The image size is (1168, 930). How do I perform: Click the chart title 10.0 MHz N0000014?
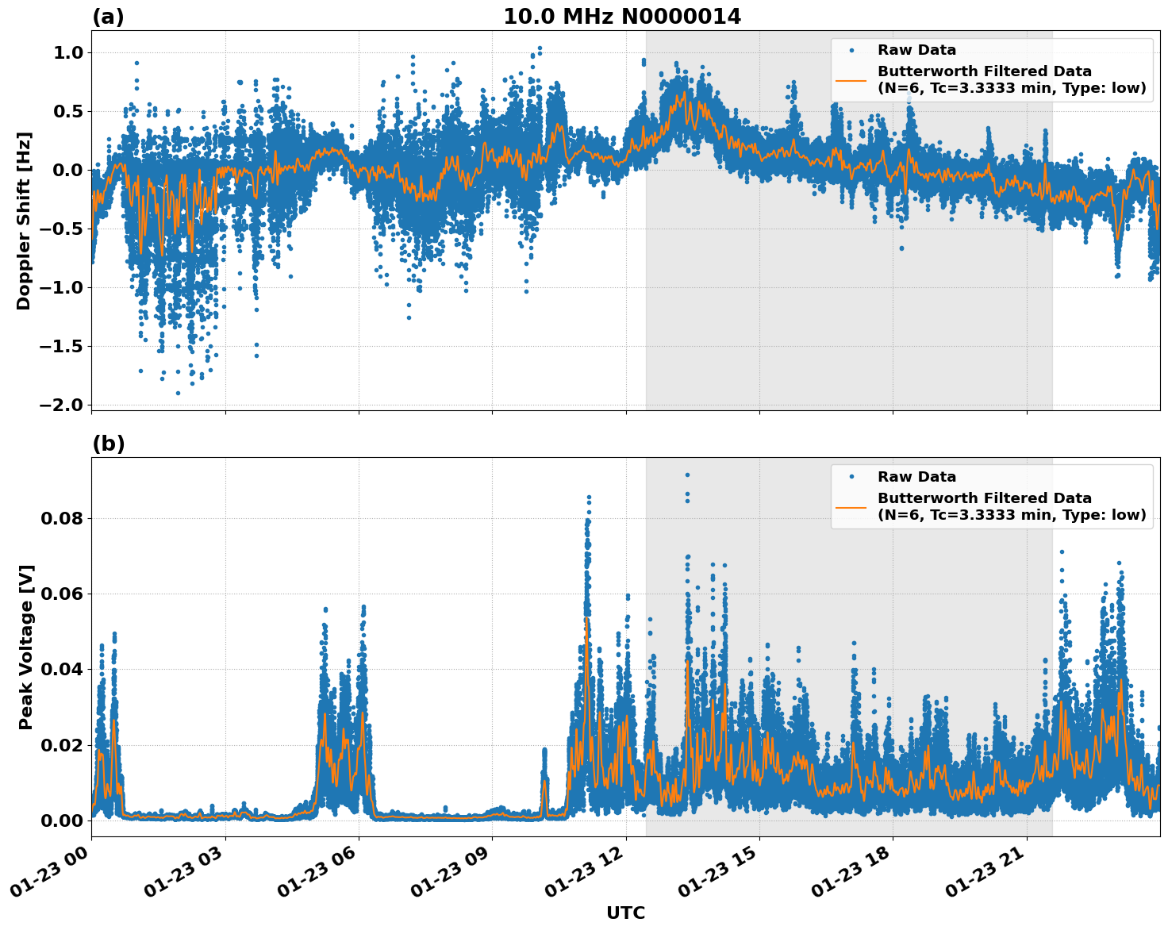(621, 17)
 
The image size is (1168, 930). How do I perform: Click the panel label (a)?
(108, 17)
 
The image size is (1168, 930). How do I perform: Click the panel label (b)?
(108, 444)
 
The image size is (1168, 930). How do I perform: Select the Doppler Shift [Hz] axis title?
(24, 221)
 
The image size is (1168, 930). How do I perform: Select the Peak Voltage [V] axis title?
(25, 647)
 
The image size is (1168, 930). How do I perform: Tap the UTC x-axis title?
(625, 913)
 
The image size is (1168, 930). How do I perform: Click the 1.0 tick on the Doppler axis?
(67, 52)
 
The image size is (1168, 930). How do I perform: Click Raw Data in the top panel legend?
(916, 50)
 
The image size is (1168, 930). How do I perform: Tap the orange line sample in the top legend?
(851, 79)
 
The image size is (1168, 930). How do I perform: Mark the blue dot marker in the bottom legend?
(851, 477)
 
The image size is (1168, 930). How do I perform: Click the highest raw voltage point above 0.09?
(687, 475)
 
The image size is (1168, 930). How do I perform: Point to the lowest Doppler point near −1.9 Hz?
(178, 393)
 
